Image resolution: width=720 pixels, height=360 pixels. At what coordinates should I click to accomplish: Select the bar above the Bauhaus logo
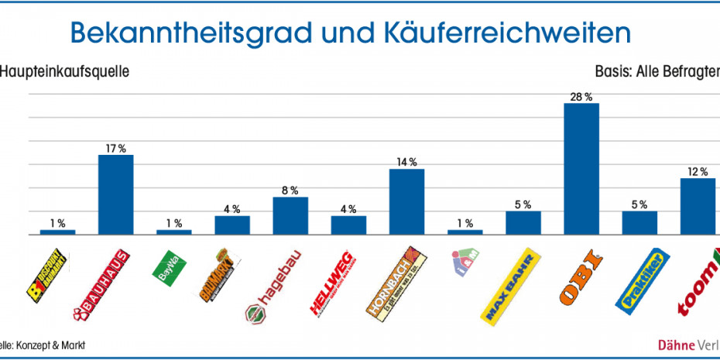[115, 194]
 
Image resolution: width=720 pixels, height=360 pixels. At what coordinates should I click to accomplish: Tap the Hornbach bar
[406, 201]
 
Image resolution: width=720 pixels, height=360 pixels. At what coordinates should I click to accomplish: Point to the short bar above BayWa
[173, 231]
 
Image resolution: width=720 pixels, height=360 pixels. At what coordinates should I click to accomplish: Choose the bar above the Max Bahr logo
[523, 222]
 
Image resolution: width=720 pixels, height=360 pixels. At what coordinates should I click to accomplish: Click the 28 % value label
[581, 97]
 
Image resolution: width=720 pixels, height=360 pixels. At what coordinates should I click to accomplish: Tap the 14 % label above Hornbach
[406, 162]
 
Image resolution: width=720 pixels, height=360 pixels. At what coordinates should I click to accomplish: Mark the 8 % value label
[290, 190]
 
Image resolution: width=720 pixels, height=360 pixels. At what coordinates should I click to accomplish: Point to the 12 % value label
[697, 172]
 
